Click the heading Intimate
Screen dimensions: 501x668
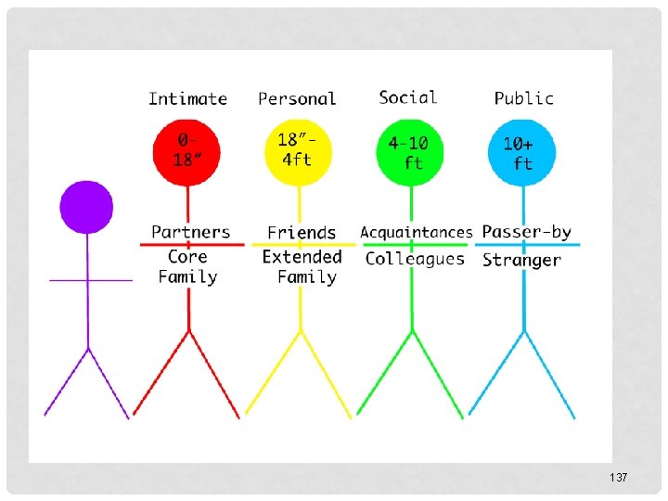(x=187, y=98)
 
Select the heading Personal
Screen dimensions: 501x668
(x=297, y=98)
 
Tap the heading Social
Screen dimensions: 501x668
(x=407, y=97)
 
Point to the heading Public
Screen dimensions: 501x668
(x=523, y=98)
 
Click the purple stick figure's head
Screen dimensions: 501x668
(x=86, y=206)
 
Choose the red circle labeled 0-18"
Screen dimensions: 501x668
(x=187, y=149)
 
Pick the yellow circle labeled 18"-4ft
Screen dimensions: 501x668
(x=298, y=149)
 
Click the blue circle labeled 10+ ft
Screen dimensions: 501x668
(x=522, y=151)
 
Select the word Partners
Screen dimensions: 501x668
(x=190, y=232)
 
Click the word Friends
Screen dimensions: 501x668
(x=302, y=233)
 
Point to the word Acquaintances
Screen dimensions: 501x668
(x=416, y=232)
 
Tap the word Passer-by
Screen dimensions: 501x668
(x=526, y=232)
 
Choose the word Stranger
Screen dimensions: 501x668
(x=521, y=261)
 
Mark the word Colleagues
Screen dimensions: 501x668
(x=415, y=259)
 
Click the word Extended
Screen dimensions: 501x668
(x=302, y=257)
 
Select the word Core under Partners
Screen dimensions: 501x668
(x=187, y=257)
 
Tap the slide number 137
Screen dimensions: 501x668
(x=619, y=477)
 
